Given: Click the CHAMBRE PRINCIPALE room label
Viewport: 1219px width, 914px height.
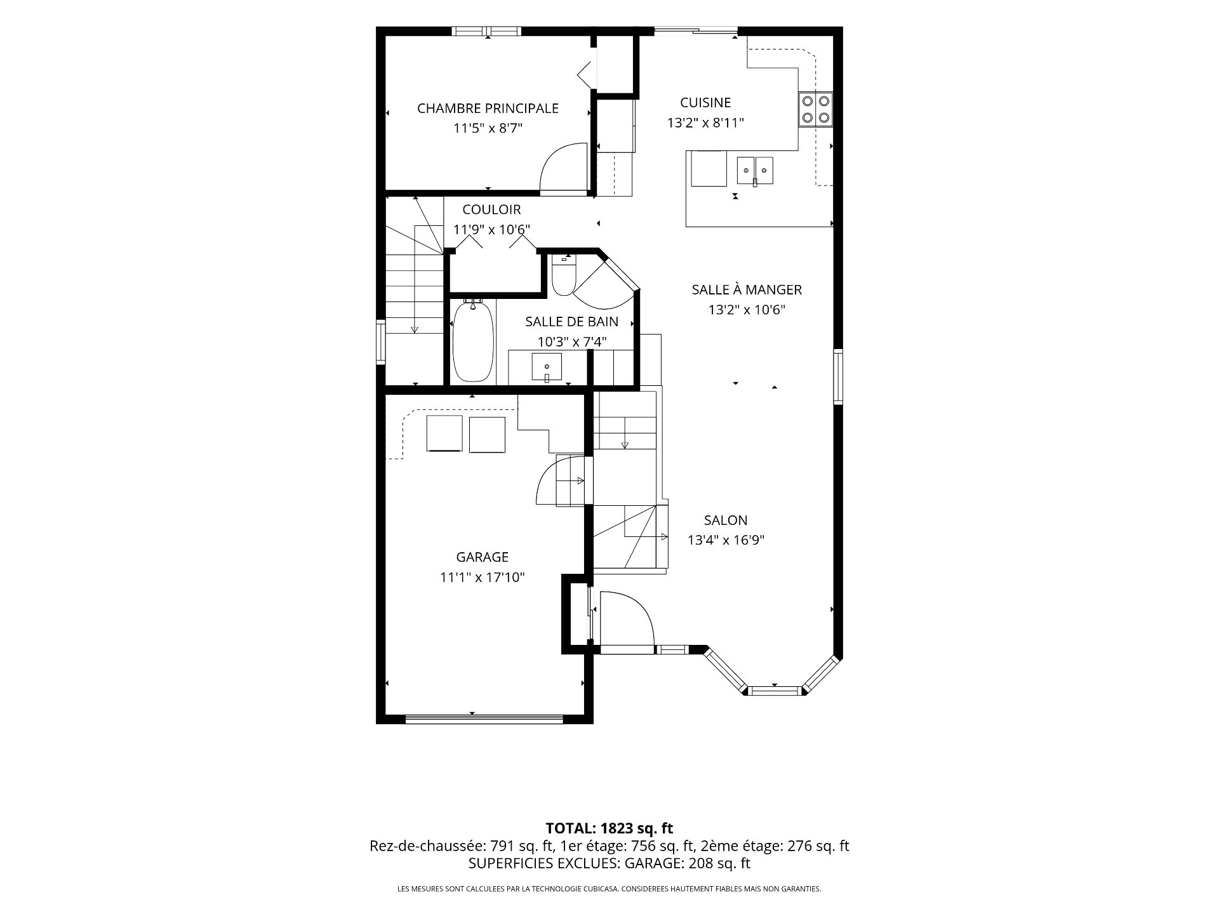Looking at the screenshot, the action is [x=488, y=109].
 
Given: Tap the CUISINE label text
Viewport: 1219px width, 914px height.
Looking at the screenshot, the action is [x=705, y=102].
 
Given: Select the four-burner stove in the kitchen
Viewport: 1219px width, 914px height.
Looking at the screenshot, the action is [x=815, y=109].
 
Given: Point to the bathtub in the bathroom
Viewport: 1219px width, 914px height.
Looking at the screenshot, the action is [x=473, y=341].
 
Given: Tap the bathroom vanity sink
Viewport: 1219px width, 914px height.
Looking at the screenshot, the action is [x=547, y=368].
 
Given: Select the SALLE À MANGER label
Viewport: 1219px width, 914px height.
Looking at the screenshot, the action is [x=747, y=289].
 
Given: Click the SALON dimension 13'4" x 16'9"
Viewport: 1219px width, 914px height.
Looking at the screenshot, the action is [x=726, y=540].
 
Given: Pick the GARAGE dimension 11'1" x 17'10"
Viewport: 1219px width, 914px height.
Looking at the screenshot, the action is [x=483, y=578].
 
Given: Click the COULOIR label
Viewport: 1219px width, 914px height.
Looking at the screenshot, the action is [x=491, y=209].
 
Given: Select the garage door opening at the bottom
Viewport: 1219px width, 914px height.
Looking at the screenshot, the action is [x=484, y=719].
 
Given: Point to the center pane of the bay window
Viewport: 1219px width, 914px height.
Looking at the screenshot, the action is [x=774, y=690].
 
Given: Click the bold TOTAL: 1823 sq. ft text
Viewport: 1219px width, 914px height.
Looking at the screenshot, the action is [x=609, y=828].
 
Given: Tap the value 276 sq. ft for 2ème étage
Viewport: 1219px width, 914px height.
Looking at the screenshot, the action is [x=818, y=846].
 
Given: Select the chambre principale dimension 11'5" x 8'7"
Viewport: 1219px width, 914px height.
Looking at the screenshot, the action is [x=488, y=128].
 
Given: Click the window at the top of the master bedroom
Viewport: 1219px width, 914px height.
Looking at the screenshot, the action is [x=487, y=31].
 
